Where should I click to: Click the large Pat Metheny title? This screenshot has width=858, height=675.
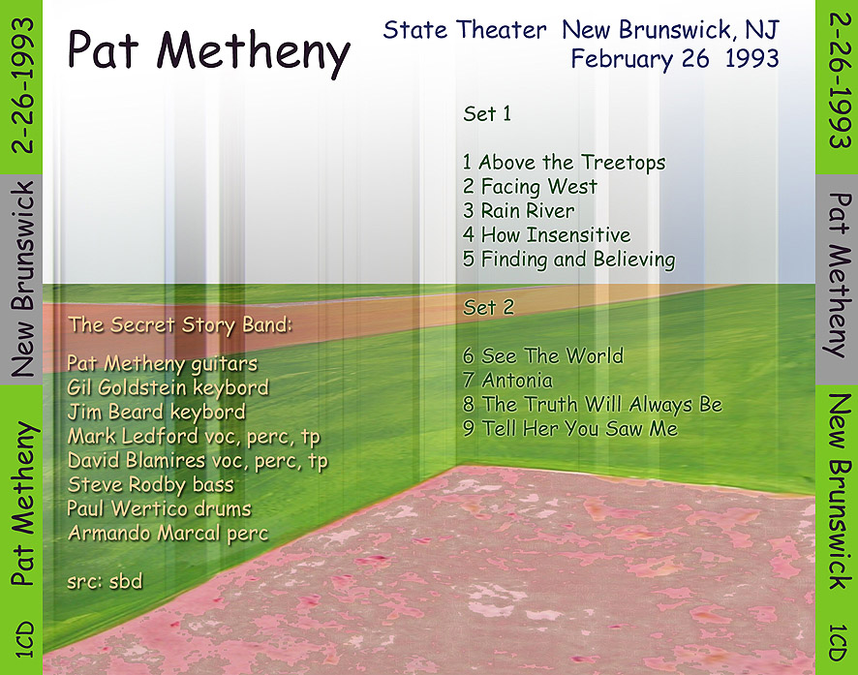pos(208,53)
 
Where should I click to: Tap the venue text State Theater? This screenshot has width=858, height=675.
pos(465,30)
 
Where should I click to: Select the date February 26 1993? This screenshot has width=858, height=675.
pos(675,59)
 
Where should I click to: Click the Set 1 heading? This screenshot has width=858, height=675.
pos(487,113)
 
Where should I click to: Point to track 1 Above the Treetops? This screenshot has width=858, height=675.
pos(565,163)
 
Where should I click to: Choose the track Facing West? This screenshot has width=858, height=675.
pos(530,187)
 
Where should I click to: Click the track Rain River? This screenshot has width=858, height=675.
pos(519,210)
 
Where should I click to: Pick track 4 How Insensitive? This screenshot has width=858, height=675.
pos(546,234)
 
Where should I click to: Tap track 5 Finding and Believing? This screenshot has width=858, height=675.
pos(569,260)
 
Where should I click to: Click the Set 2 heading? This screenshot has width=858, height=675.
pos(489,307)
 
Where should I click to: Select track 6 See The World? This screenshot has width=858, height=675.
pos(543,356)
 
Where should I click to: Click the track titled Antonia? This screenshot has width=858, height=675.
pos(507,381)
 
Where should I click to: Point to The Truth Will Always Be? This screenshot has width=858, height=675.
pos(593,405)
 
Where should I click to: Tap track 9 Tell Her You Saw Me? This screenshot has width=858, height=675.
pos(570,428)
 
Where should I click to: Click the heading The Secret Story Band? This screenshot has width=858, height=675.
pos(180,325)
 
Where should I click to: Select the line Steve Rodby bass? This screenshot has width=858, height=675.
pos(150,485)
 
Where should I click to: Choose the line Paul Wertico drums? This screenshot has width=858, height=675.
pos(159,509)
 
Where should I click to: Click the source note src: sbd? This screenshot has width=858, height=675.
pos(105,581)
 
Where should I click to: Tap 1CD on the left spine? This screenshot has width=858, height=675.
pos(23,639)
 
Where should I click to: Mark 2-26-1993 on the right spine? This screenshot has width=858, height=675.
pos(840,80)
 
